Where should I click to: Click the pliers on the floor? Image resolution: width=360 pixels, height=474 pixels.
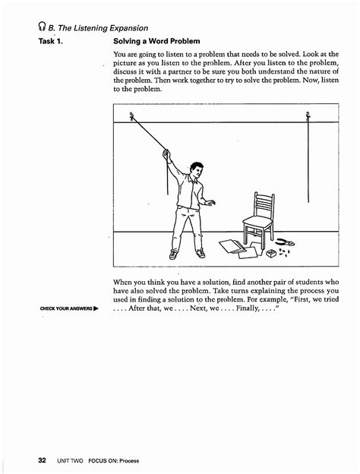click(x=286, y=242)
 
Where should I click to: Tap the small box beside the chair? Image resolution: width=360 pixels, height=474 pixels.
click(x=271, y=253)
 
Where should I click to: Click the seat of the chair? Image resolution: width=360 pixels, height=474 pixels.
click(x=257, y=222)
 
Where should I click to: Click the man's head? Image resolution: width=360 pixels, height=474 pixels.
click(x=197, y=170)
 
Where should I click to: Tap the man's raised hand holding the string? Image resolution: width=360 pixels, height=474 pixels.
click(x=166, y=154)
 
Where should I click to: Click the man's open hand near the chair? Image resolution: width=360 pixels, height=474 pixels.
click(x=210, y=203)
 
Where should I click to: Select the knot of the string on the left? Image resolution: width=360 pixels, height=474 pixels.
click(x=131, y=116)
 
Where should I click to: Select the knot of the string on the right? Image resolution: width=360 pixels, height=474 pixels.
click(x=308, y=116)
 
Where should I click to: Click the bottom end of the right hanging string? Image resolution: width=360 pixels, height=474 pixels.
click(x=308, y=202)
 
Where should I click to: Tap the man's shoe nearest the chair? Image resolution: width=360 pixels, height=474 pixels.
click(x=201, y=253)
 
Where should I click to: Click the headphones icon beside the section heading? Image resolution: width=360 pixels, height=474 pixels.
click(x=42, y=27)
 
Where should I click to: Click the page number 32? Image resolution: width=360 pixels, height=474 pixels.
click(x=42, y=460)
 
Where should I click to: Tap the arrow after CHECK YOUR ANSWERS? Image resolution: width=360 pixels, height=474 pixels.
click(x=96, y=308)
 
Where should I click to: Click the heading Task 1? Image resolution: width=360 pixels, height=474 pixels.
click(x=50, y=41)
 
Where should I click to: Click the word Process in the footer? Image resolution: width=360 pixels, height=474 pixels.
click(x=129, y=461)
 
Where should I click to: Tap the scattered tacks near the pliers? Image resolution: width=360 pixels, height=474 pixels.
click(x=284, y=252)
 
